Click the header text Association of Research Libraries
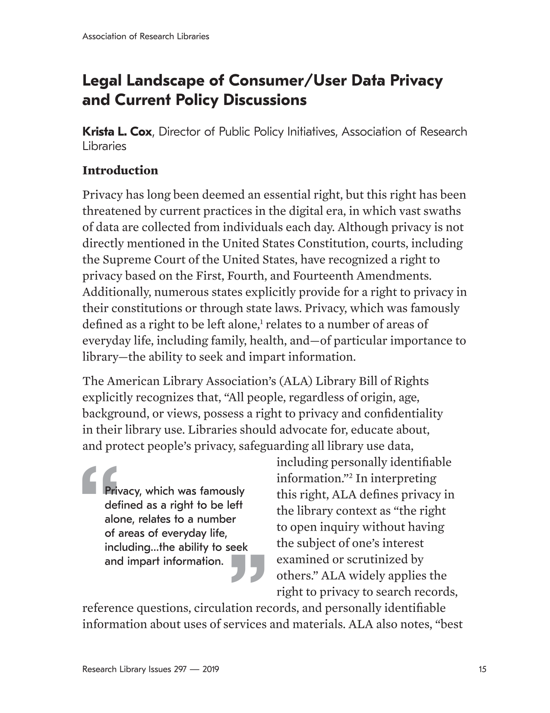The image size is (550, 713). (145, 36)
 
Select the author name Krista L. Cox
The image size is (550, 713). (117, 131)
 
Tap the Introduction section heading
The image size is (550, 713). (120, 171)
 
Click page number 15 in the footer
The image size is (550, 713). (482, 669)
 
